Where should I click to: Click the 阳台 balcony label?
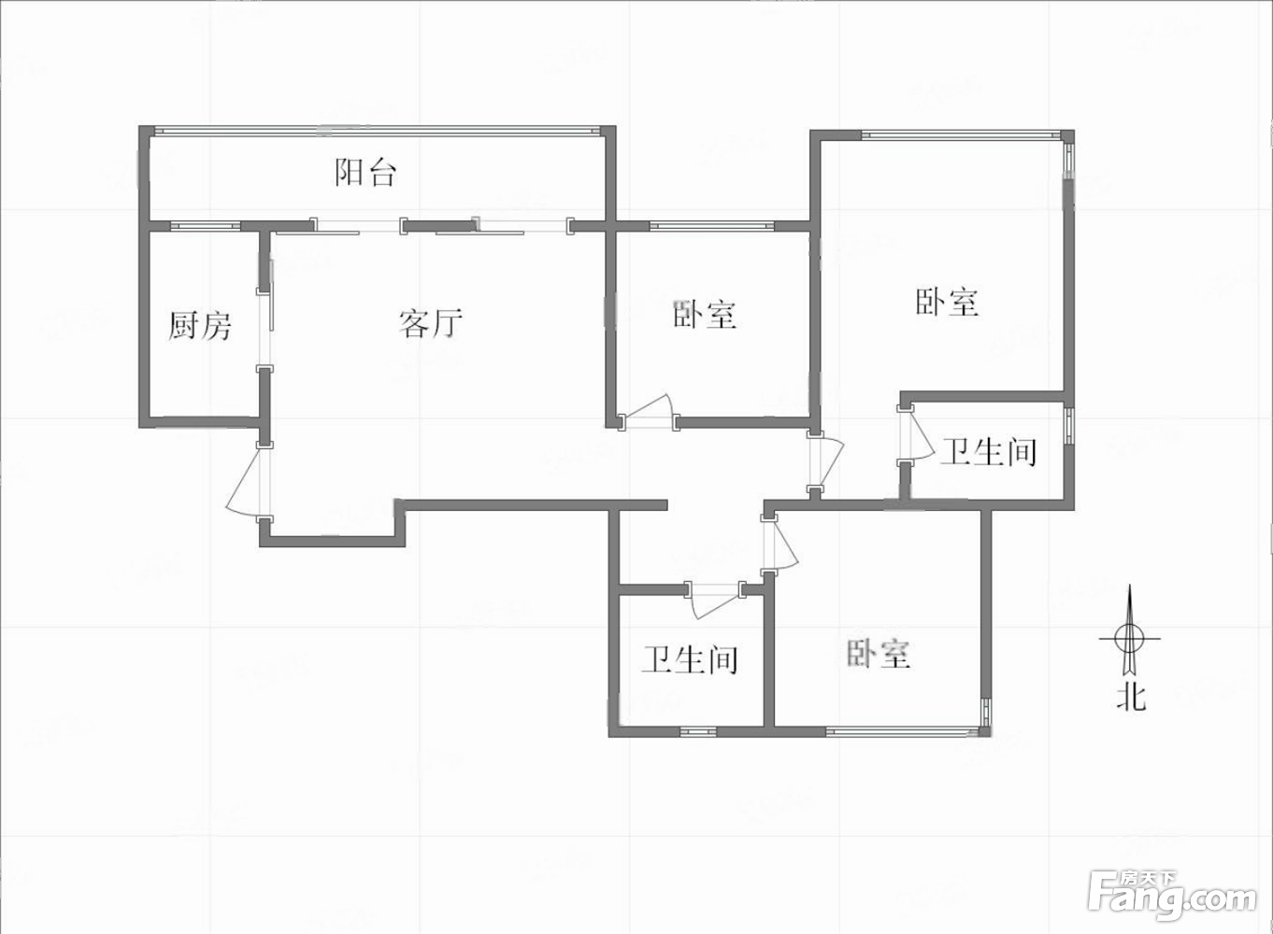pyautogui.click(x=365, y=173)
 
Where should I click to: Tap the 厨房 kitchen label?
pyautogui.click(x=199, y=325)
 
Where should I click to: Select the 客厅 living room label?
pyautogui.click(x=430, y=323)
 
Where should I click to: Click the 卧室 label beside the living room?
pyautogui.click(x=705, y=314)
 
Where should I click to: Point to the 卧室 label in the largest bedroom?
pyautogui.click(x=947, y=302)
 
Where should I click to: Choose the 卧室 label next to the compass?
pyautogui.click(x=879, y=653)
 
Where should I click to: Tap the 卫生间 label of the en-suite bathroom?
pyautogui.click(x=988, y=452)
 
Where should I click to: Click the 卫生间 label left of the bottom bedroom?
pyautogui.click(x=690, y=659)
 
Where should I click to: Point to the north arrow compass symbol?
pyautogui.click(x=1130, y=638)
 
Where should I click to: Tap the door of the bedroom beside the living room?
pyautogui.click(x=648, y=412)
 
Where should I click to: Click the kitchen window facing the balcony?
pyautogui.click(x=206, y=226)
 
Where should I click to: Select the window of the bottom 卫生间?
pyautogui.click(x=698, y=731)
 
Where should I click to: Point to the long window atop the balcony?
pyautogui.click(x=377, y=131)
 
